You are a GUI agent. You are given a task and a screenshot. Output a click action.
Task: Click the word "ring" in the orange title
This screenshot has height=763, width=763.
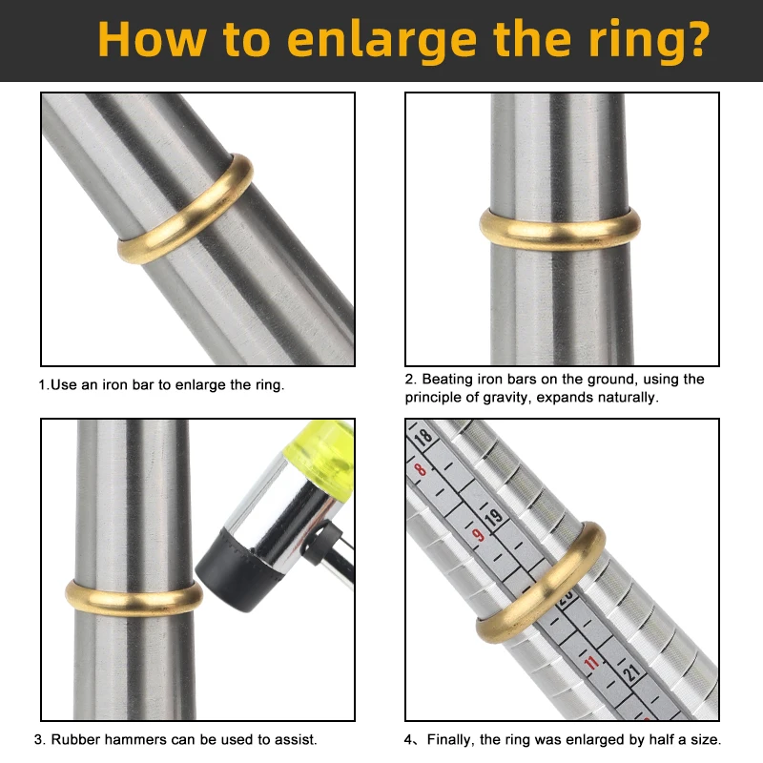pyautogui.click(x=631, y=42)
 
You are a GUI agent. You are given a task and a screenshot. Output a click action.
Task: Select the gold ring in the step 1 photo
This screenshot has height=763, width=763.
pyautogui.click(x=185, y=209)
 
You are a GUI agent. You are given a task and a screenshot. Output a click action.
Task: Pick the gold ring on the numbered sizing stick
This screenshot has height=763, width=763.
pyautogui.click(x=541, y=584)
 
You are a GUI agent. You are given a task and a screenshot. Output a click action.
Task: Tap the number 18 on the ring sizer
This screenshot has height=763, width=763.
pyautogui.click(x=423, y=438)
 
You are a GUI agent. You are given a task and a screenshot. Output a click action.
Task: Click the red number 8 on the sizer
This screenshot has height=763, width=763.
pyautogui.click(x=420, y=470)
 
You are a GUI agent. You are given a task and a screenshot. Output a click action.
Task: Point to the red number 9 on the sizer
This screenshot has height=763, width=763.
pyautogui.click(x=479, y=535)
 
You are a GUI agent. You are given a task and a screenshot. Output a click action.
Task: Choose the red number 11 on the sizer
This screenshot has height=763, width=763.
pyautogui.click(x=591, y=663)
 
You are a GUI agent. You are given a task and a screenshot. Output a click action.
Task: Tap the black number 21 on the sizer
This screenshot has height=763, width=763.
pyautogui.click(x=631, y=672)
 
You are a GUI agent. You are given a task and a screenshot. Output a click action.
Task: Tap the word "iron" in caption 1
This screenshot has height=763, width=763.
pyautogui.click(x=113, y=385)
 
